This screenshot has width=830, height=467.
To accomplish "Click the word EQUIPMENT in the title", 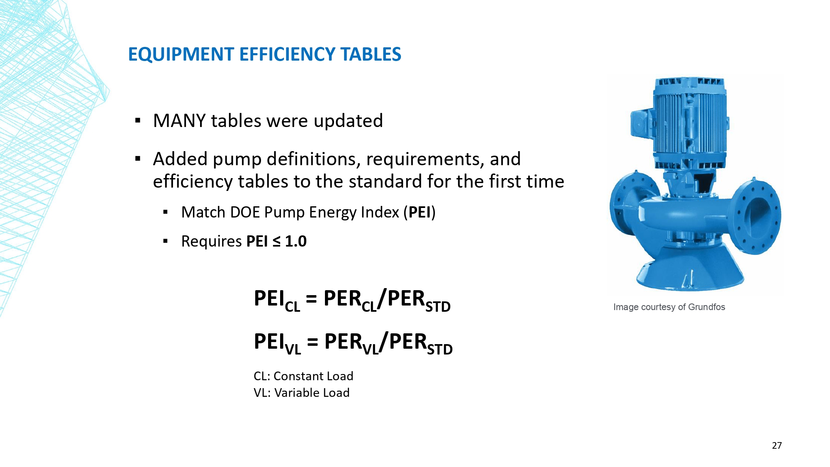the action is [181, 54].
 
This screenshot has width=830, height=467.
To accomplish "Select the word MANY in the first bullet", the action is [179, 121].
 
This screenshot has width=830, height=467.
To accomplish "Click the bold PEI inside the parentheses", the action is [420, 212].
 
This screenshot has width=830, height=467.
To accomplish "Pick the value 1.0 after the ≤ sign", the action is [296, 241].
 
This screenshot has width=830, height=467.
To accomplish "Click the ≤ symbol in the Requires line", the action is [276, 242].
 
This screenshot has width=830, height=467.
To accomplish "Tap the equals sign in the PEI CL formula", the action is [311, 299].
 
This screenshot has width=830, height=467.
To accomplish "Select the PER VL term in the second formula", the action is [352, 343].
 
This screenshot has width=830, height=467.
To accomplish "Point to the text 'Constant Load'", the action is [313, 376].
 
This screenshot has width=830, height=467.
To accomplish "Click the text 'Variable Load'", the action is [312, 393].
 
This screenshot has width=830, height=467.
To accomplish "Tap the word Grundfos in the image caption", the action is [706, 307].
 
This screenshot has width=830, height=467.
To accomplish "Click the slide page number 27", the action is [777, 445].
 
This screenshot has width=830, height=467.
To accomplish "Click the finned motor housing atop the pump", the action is [689, 120].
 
